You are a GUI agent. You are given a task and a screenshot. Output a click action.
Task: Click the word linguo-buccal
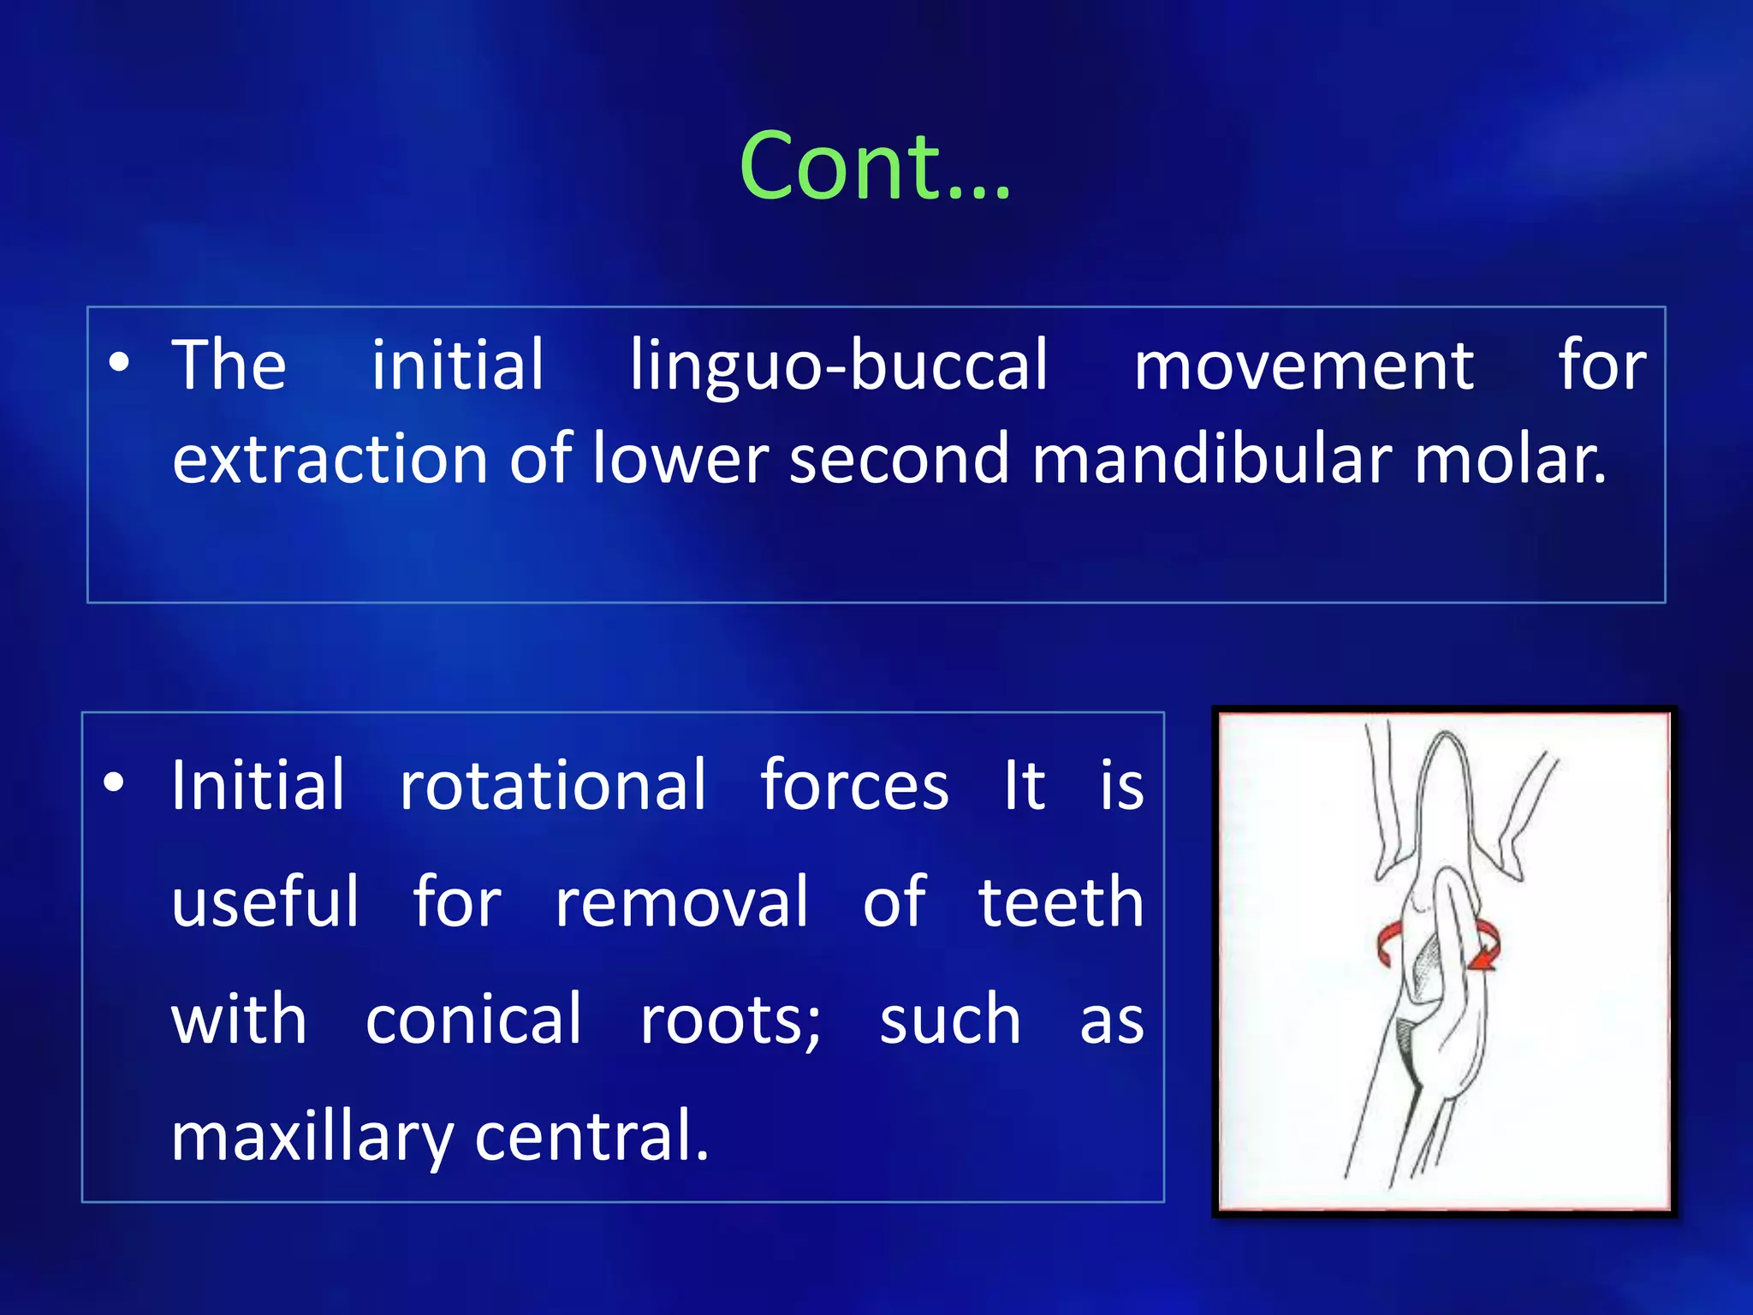coord(839,366)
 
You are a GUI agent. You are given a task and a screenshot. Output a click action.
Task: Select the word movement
coord(1303,366)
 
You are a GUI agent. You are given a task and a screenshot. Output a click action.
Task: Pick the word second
coord(899,459)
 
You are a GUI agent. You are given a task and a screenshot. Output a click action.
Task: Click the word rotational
coord(553,785)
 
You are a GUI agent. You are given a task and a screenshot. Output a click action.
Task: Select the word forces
coord(854,785)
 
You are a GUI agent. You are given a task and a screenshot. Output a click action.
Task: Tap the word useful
coord(265,902)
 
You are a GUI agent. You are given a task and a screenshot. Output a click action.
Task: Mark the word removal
coord(681,902)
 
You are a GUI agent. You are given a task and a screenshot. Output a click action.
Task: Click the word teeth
coord(1061,902)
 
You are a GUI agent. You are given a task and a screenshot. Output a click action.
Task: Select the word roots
coord(729,1020)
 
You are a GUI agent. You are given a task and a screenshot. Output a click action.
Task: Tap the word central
coord(591,1137)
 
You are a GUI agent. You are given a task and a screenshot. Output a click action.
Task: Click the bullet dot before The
coord(119,363)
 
